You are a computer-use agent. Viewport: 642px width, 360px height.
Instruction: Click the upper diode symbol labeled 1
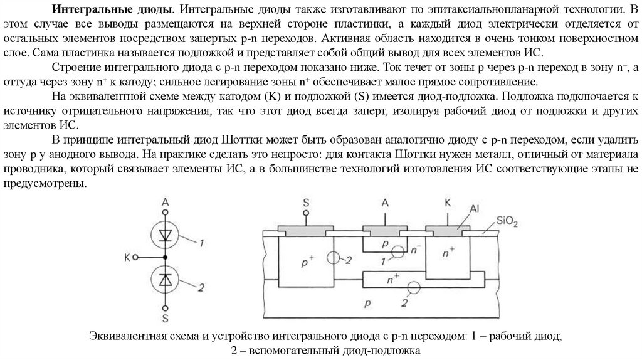(166, 235)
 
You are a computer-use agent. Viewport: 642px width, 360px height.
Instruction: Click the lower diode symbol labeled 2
(166, 280)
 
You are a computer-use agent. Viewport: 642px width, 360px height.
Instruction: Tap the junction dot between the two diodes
(166, 257)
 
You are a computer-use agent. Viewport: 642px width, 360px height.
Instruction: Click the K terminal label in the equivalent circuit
(127, 257)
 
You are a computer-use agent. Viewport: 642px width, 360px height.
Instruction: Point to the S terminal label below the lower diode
(166, 317)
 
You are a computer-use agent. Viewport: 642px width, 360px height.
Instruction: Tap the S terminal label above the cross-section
(306, 202)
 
